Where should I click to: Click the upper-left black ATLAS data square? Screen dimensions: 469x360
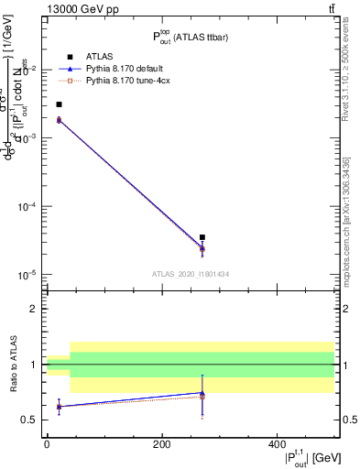point(59,104)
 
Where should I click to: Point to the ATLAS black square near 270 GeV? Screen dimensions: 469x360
point(202,237)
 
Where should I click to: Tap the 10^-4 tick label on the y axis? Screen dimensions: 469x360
point(27,207)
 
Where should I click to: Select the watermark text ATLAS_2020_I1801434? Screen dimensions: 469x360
point(191,274)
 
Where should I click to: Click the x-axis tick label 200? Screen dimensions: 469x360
point(161,444)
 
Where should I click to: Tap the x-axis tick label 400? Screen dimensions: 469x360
point(277,444)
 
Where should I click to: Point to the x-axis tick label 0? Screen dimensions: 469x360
point(47,444)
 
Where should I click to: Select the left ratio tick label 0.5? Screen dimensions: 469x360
point(30,420)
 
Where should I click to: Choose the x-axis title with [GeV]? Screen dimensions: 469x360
point(300,458)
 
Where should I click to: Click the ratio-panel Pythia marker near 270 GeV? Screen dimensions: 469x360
point(202,394)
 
